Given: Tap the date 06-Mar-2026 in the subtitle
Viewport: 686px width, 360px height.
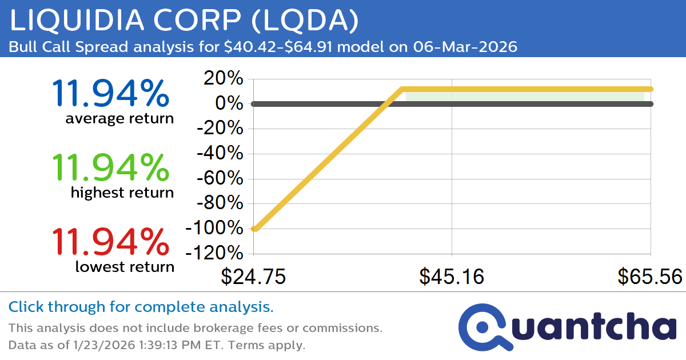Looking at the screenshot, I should coord(465,47).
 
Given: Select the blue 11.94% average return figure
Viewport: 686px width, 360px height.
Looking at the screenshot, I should coord(110,94).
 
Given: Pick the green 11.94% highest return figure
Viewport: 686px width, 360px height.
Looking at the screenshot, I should coord(110,168).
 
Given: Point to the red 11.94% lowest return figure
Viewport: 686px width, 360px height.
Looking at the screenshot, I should coord(110,242).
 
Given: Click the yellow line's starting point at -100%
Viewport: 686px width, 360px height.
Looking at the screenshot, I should coord(255,229).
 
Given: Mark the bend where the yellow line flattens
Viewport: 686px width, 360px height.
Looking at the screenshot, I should coord(402,89).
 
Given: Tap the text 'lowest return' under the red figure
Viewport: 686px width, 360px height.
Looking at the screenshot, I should coord(125,266).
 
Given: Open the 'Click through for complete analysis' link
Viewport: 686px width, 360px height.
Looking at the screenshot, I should coord(141,307).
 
